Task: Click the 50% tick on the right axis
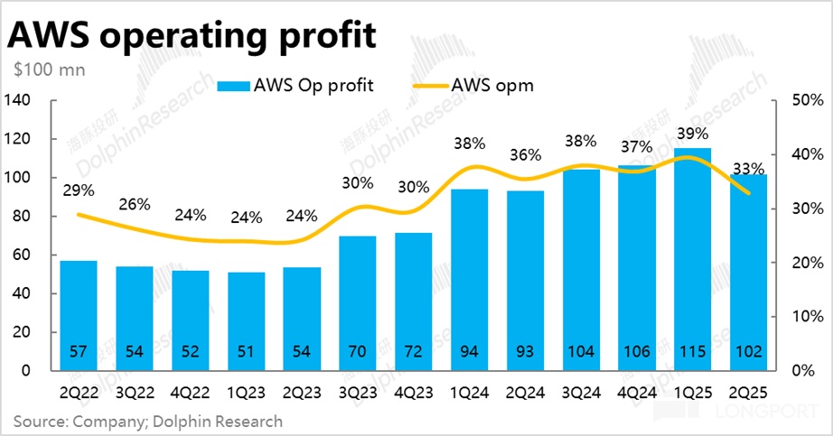pos(800,100)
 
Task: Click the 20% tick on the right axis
pos(800,263)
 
